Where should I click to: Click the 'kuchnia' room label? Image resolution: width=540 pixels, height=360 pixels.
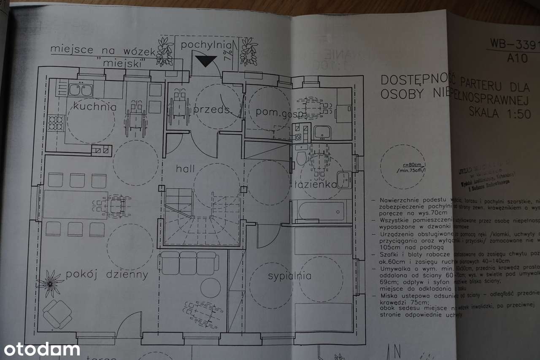(94, 106)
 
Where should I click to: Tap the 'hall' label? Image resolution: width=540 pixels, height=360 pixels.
(186, 169)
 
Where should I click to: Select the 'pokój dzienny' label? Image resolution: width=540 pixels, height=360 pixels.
(107, 275)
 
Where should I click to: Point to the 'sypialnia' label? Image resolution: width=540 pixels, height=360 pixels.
(290, 276)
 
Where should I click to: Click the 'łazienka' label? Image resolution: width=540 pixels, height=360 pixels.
(316, 184)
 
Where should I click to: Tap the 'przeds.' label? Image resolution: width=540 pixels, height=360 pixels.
(211, 110)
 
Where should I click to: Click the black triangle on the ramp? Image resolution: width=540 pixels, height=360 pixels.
(206, 61)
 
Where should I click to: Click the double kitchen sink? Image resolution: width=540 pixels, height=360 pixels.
(80, 90)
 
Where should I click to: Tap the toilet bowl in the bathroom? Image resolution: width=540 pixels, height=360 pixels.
(301, 157)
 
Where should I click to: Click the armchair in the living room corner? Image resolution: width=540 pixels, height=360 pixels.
(57, 314)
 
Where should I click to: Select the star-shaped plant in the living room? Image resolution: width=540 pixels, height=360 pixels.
(51, 283)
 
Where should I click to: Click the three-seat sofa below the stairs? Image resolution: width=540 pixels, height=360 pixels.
(188, 263)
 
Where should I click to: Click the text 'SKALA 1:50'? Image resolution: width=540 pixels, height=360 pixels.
(500, 113)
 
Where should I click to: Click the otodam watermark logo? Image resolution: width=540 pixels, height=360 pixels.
(41, 349)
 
